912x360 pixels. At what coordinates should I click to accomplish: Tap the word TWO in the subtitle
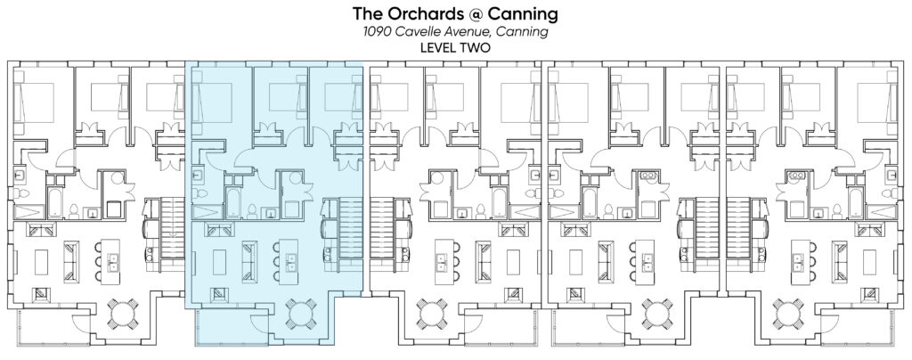[476, 48]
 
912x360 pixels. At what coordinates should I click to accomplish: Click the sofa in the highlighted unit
[249, 261]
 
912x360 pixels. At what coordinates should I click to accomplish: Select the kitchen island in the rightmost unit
[797, 262]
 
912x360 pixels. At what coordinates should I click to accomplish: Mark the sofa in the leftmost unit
[71, 261]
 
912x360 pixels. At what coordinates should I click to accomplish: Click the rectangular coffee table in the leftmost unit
[41, 262]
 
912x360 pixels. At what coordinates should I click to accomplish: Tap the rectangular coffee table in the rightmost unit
[869, 262]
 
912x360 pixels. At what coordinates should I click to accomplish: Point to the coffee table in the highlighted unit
[219, 262]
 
